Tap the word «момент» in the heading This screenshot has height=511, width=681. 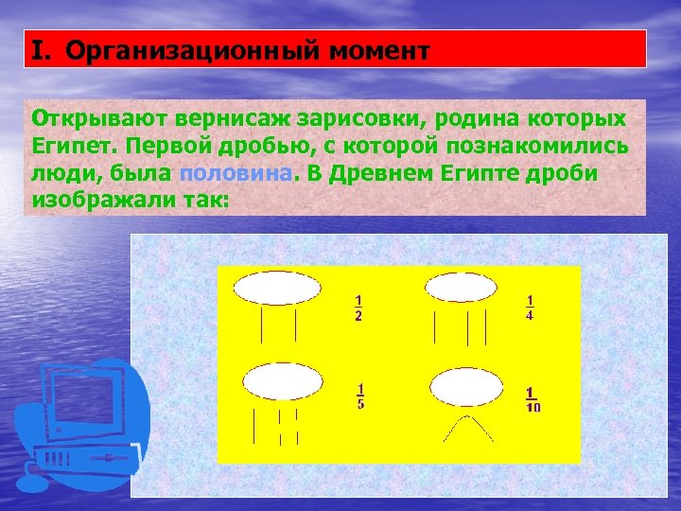pos(378,49)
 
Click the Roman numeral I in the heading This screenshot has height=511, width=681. pos(38,49)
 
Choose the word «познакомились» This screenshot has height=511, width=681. pos(538,147)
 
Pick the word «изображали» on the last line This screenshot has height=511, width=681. pos(98,201)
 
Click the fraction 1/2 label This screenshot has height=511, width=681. pos(358,308)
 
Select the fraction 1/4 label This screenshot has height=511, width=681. pos(529,308)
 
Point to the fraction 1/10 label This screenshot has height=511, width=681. pos(533,399)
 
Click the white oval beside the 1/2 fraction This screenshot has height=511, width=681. pos(277,288)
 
